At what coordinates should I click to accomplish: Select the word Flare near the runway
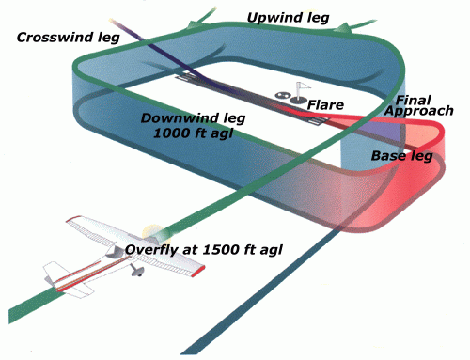pos(325,104)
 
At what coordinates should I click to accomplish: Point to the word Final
pos(414,99)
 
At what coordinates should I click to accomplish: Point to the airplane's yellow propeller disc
pos(153,231)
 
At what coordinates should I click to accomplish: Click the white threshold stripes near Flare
pos(309,117)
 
